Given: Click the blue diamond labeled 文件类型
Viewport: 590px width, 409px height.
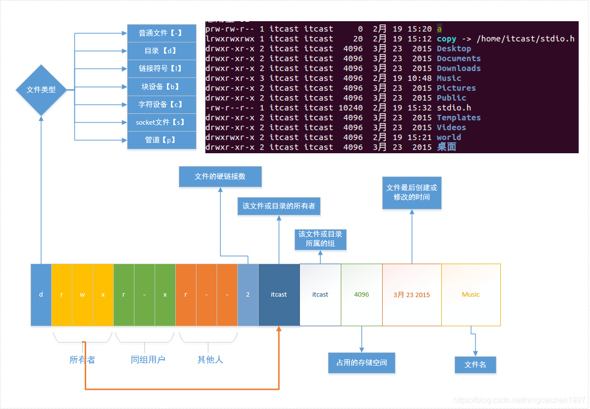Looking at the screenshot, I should [41, 90].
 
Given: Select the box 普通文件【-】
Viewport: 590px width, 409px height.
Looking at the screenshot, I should [162, 33].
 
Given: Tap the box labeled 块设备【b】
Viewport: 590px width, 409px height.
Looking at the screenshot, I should [162, 87].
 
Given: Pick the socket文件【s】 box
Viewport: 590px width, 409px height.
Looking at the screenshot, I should [162, 122].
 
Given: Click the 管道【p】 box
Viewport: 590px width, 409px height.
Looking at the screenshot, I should [162, 140].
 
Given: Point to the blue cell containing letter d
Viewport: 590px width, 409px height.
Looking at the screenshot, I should [41, 295].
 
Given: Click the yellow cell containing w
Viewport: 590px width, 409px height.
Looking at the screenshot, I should [82, 295].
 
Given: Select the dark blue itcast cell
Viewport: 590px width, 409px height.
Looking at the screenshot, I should [279, 295].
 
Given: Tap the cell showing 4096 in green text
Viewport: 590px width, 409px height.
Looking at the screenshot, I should [361, 295].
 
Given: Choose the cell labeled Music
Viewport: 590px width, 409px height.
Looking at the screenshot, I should [471, 295].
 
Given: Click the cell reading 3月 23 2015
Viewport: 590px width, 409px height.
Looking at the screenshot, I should [412, 295].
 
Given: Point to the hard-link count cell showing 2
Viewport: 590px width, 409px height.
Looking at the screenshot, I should [248, 295].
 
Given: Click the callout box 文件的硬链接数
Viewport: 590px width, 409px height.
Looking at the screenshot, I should [220, 176].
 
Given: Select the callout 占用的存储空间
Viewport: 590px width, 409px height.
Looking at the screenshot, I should [361, 363].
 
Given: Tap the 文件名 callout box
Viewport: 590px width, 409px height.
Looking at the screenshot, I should [475, 365].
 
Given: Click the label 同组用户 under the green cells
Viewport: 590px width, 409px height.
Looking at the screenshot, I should [148, 360].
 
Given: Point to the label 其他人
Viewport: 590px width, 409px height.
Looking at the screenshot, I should [210, 360].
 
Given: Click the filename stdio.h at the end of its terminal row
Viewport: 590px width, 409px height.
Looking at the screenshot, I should [454, 108].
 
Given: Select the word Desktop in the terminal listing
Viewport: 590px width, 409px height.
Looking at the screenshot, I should [454, 49].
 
